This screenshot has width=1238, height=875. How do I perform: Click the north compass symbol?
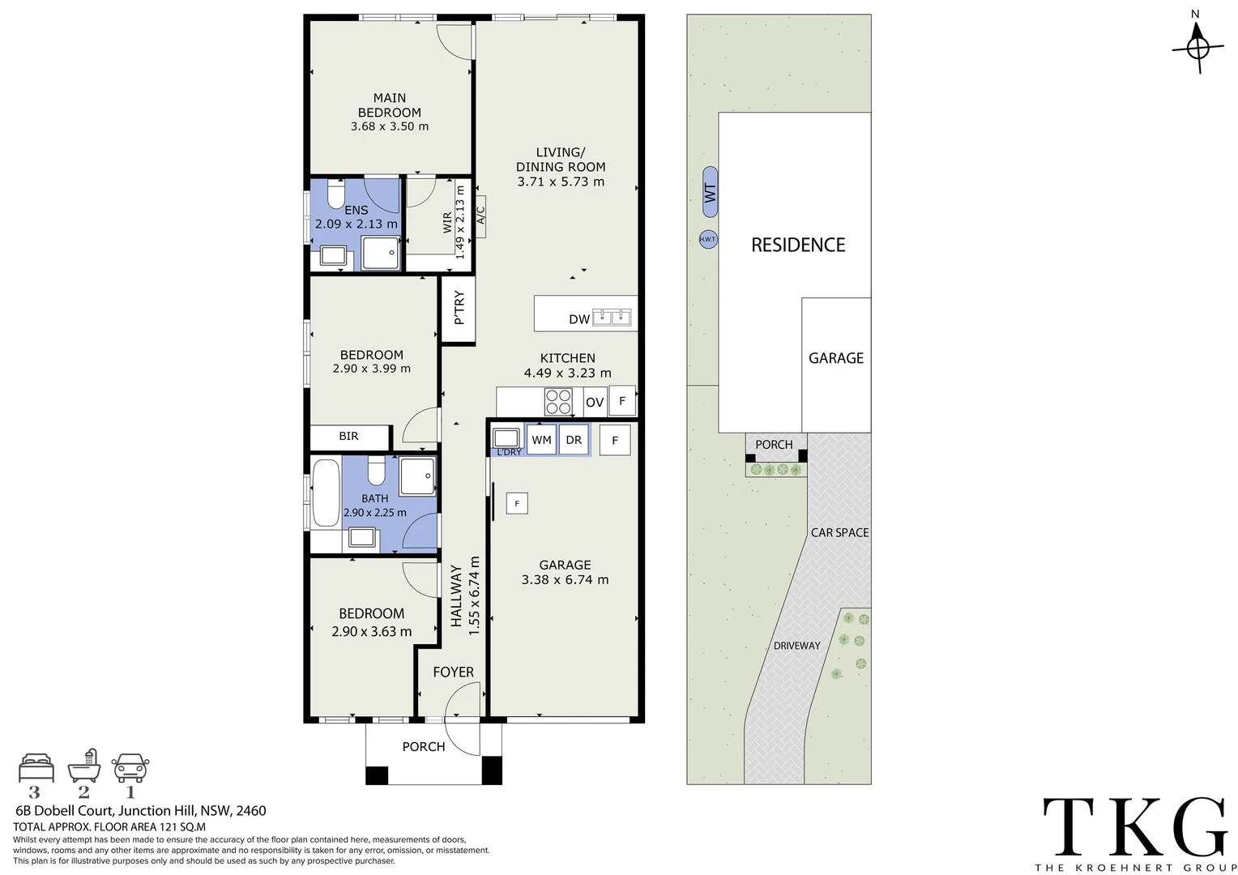click(1198, 48)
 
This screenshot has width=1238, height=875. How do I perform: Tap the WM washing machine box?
click(541, 440)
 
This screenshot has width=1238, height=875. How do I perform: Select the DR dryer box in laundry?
click(574, 440)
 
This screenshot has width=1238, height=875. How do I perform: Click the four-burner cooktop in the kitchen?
click(558, 402)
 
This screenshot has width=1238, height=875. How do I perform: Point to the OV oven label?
click(595, 403)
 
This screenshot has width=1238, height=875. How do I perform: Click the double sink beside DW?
click(612, 317)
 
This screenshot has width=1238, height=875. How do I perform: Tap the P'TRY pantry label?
click(459, 309)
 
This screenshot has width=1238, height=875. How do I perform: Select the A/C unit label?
click(480, 216)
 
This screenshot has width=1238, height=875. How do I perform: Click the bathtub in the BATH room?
click(326, 493)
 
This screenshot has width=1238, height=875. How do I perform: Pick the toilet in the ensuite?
click(336, 194)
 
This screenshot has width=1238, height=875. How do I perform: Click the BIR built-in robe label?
click(348, 436)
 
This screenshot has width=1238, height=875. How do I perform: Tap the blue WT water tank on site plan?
click(710, 192)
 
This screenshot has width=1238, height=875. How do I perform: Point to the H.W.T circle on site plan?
click(707, 240)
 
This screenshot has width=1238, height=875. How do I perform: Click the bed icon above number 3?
click(36, 766)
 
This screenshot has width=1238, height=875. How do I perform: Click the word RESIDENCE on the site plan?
click(798, 245)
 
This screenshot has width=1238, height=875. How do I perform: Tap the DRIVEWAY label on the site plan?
click(796, 646)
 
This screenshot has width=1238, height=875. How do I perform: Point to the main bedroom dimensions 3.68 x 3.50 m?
click(390, 126)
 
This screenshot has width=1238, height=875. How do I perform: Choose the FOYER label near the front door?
click(453, 672)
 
